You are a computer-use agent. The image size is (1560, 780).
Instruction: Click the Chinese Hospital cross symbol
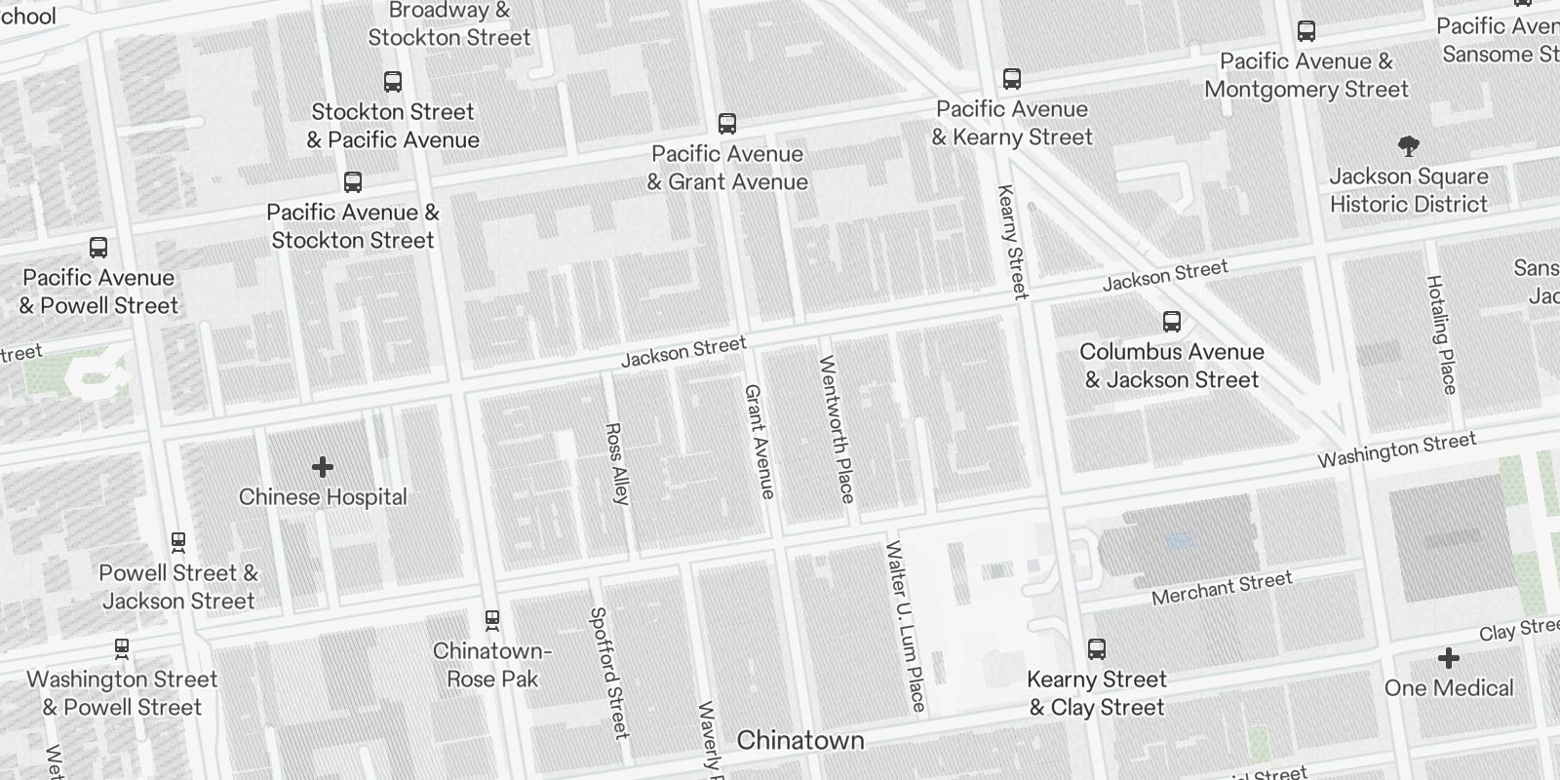pos(323,468)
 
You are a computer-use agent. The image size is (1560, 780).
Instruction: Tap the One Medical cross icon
pos(1449,658)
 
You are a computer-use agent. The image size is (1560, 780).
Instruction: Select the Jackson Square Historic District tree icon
pos(1408,147)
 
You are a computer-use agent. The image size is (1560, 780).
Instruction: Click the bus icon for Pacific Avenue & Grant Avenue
pos(726,124)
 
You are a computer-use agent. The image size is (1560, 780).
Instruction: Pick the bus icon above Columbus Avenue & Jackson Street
pos(1172,322)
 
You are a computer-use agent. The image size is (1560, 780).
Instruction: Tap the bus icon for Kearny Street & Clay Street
pos(1097,649)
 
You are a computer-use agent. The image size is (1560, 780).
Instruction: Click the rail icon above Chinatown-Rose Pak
pos(492,619)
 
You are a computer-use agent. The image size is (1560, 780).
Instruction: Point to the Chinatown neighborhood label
pos(799,740)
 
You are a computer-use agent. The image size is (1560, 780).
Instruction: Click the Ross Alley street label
pos(617,463)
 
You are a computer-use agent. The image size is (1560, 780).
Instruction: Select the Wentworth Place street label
pos(837,429)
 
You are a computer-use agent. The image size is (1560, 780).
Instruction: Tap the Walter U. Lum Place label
pos(905,625)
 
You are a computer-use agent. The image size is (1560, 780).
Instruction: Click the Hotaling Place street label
pos(1441,334)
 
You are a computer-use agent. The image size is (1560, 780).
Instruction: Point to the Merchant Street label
pos(1222,588)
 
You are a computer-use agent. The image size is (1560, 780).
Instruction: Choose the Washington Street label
pos(1396,450)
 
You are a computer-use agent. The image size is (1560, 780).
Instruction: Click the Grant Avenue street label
pos(760,441)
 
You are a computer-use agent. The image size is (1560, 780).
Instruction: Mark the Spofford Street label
pos(608,673)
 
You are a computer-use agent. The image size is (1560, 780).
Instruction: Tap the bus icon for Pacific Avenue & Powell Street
pos(98,248)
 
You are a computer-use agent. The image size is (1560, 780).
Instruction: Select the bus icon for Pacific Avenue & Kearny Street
pos(1012,79)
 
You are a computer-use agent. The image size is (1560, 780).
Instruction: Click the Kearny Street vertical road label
pos(1012,241)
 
